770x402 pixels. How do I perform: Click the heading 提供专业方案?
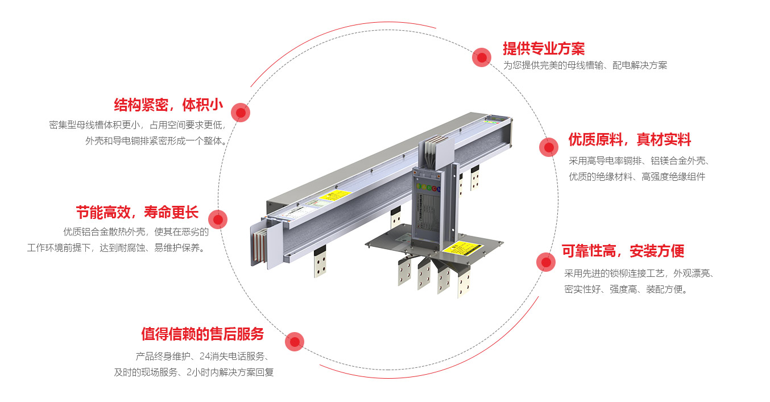click(543, 48)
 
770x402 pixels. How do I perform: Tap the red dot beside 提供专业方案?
click(482, 57)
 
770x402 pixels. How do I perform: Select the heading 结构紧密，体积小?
click(168, 105)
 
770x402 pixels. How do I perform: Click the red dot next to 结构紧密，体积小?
click(241, 113)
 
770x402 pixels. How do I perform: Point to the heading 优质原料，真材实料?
click(630, 139)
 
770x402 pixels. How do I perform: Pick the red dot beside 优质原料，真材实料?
click(549, 147)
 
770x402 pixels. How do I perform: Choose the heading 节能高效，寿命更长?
click(137, 213)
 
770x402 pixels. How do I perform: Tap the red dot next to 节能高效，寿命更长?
click(218, 219)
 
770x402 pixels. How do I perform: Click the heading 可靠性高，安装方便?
click(623, 251)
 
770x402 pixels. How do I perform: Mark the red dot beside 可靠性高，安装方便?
click(546, 262)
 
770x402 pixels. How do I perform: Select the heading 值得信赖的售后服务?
click(202, 334)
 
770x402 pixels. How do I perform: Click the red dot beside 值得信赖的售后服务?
click(294, 341)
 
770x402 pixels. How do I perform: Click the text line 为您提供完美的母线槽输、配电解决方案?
click(585, 65)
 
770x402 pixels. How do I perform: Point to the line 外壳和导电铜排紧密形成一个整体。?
click(157, 140)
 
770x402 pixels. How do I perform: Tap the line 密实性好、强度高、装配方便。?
click(626, 289)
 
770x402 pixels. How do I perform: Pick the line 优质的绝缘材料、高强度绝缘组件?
click(637, 177)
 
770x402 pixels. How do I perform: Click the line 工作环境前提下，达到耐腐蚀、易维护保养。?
click(116, 248)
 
